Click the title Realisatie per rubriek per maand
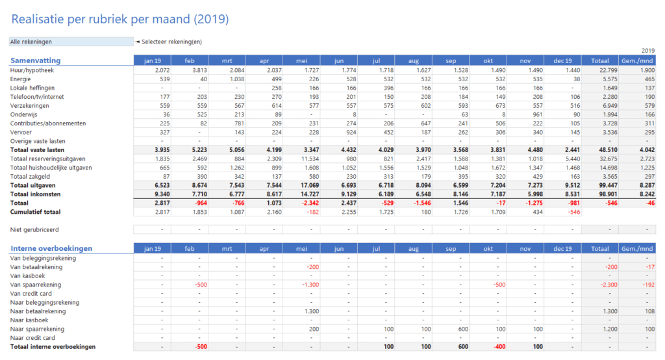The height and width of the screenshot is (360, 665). coord(120,19)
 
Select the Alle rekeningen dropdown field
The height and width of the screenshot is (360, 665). coord(70,42)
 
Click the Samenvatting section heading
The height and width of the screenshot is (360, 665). coord(36,60)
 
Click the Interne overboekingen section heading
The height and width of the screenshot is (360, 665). coord(51,248)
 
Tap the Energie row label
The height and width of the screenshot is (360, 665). coord(21,79)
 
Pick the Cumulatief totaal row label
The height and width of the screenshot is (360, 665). coord(36,211)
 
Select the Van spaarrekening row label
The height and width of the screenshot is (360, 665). coord(36,285)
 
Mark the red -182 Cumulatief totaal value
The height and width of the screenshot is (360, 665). coord(312,211)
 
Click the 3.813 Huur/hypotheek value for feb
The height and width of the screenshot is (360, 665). coord(199,70)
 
